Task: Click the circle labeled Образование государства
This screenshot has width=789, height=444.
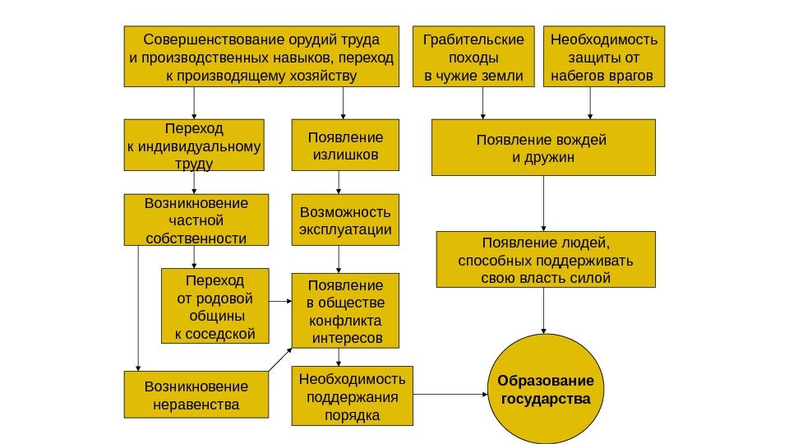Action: click(x=545, y=390)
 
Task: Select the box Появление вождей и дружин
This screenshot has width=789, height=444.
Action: click(x=543, y=147)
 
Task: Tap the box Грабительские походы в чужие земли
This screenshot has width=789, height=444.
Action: click(x=473, y=57)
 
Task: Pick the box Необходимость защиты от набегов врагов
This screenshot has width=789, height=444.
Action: click(x=605, y=57)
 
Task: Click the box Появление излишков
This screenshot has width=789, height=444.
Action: click(x=344, y=146)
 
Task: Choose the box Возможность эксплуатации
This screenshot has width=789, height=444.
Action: click(x=344, y=220)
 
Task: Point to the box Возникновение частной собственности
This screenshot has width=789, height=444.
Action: click(x=195, y=220)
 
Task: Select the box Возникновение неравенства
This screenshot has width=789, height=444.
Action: click(x=195, y=395)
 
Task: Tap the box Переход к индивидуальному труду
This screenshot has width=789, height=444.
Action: click(x=194, y=146)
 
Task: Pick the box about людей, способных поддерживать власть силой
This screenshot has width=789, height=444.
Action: click(x=545, y=259)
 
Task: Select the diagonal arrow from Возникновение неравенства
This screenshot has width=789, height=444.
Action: click(x=279, y=359)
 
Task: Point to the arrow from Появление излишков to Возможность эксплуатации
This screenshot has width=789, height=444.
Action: click(x=340, y=183)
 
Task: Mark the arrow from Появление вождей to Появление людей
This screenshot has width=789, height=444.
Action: click(x=543, y=203)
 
